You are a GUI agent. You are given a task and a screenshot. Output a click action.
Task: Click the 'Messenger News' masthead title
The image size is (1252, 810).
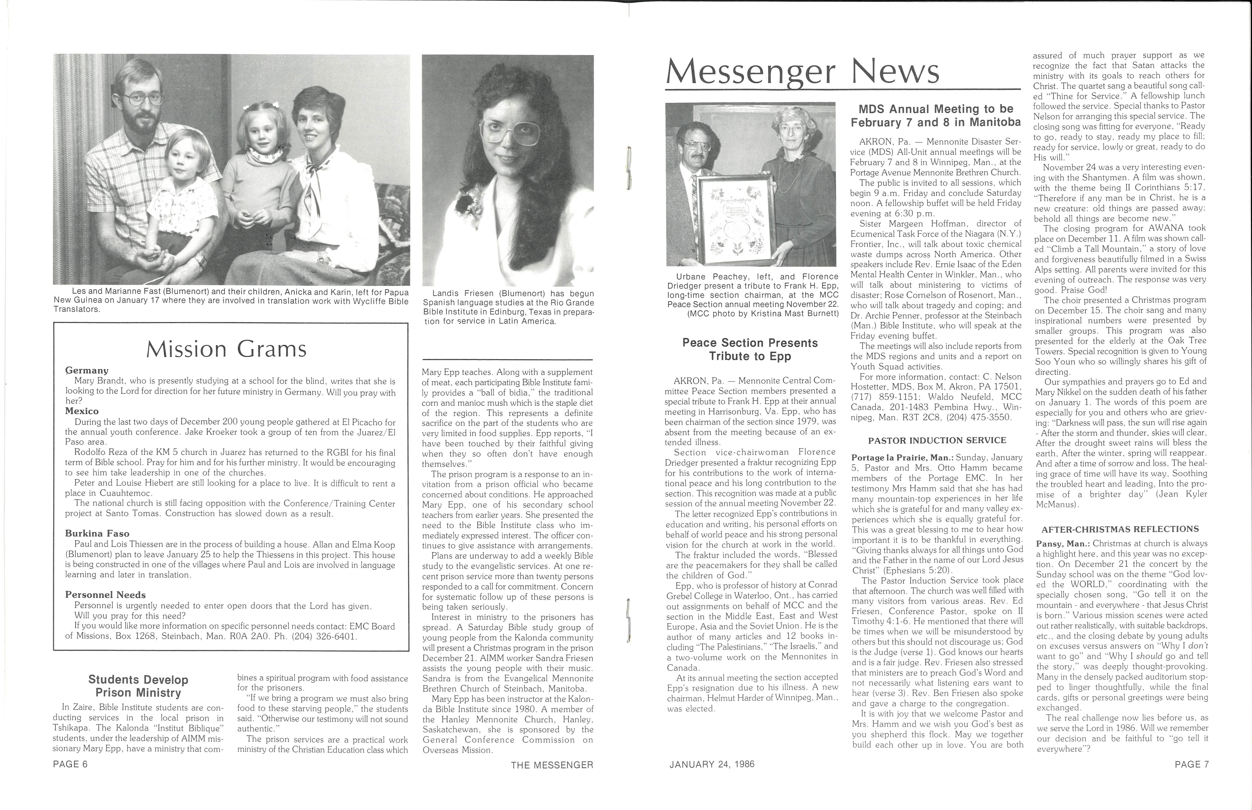point(802,73)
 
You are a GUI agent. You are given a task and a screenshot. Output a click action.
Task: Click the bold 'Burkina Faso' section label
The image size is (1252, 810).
point(97,533)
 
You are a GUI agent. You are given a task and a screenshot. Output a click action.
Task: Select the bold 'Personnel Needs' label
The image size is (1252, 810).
point(105,595)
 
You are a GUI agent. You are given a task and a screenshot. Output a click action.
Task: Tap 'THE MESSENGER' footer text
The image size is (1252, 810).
point(552,765)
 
